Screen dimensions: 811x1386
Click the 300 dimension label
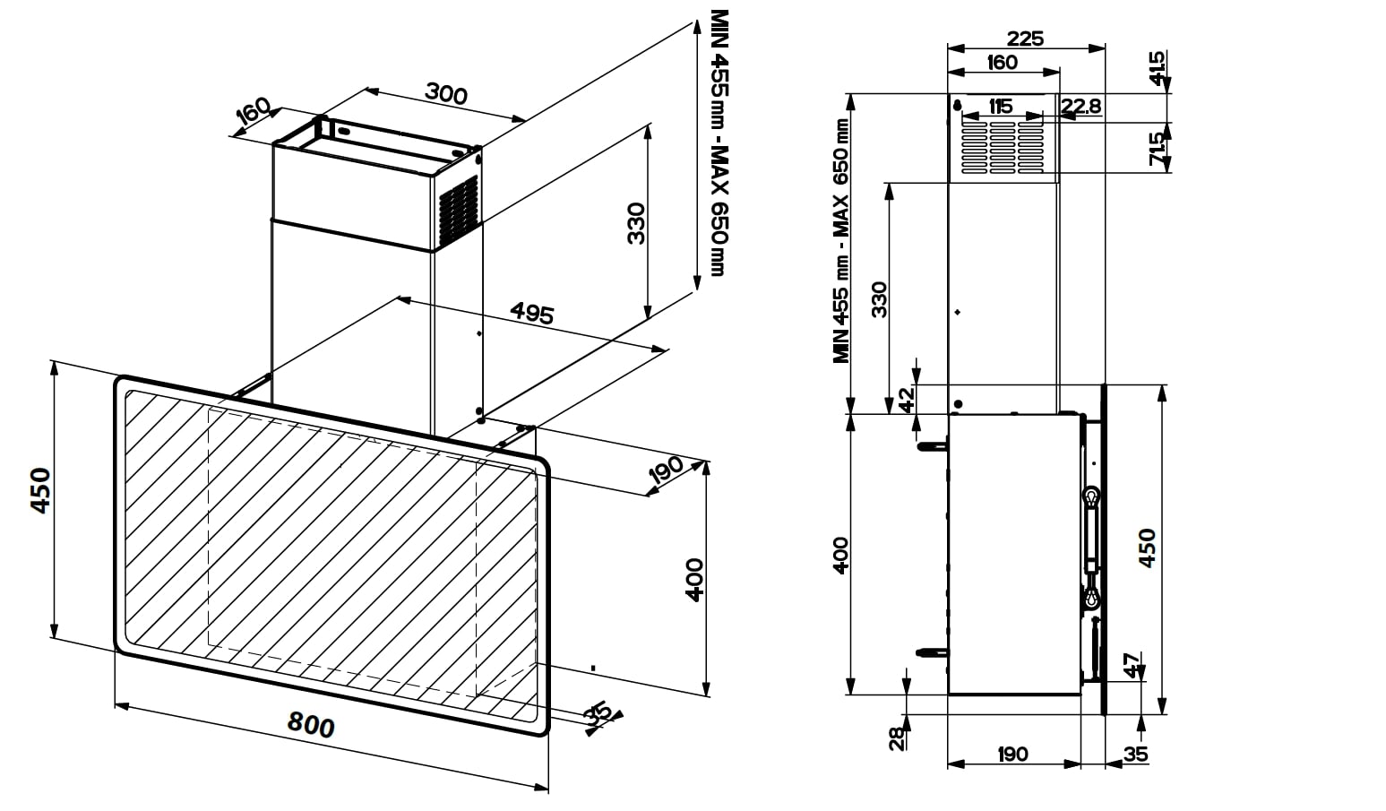[x=445, y=92]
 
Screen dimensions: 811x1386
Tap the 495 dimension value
[x=532, y=313]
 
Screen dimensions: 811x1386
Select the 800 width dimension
[x=311, y=724]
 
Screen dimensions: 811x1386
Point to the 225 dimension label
[x=1025, y=39]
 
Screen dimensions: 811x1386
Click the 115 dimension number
[x=1000, y=107]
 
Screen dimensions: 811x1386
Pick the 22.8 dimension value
[x=1080, y=107]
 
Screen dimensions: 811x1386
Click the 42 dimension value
[x=908, y=399]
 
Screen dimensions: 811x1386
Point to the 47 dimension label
[x=1132, y=666]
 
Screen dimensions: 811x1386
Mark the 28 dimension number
[x=895, y=738]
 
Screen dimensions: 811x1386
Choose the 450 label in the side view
[x=1147, y=548]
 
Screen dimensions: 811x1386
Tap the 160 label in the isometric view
[x=254, y=112]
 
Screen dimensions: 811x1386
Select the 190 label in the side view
[x=1012, y=755]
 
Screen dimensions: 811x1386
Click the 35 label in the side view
[x=1135, y=755]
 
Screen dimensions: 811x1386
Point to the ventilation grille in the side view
[x=1003, y=145]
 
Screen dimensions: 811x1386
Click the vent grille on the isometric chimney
[x=459, y=210]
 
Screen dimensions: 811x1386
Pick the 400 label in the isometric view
[x=693, y=580]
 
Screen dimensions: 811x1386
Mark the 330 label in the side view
[x=879, y=298]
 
